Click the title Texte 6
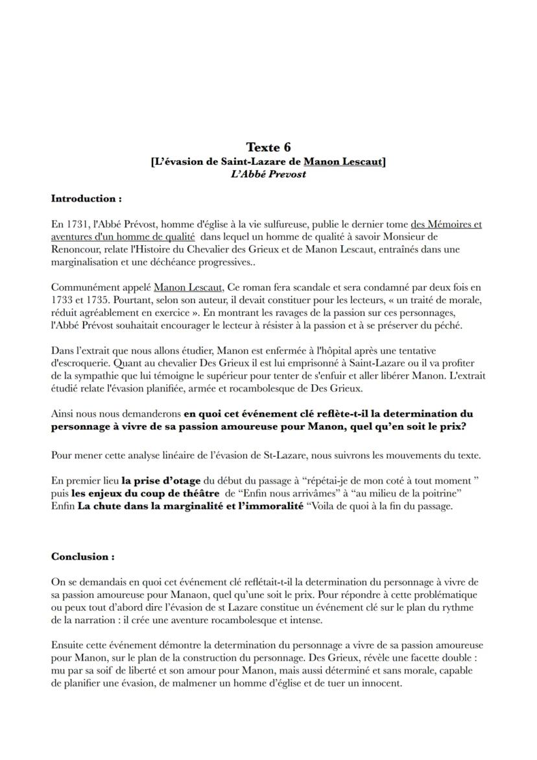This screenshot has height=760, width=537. [x=268, y=147]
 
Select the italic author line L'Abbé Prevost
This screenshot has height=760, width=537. [x=268, y=174]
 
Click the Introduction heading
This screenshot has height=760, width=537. [x=86, y=198]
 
